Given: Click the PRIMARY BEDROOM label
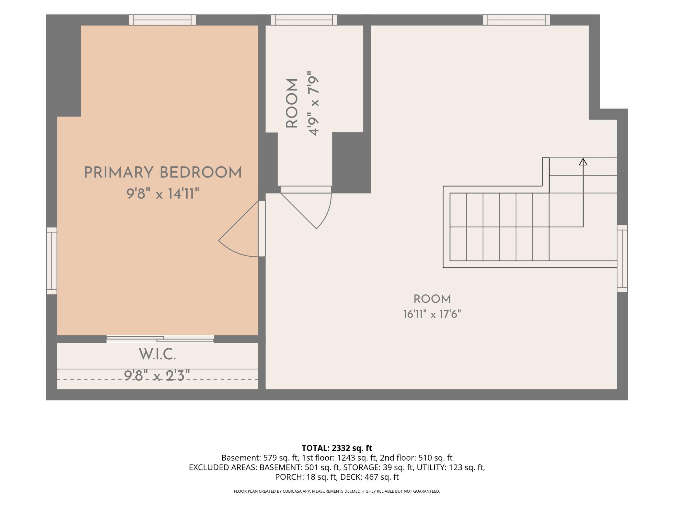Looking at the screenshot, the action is [x=163, y=173].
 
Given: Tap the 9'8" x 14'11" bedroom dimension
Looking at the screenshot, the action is [x=162, y=194].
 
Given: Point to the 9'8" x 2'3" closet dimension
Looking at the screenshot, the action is [x=157, y=376].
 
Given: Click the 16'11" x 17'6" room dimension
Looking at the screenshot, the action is [x=432, y=314].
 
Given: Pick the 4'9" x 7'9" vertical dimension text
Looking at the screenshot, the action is [x=314, y=103].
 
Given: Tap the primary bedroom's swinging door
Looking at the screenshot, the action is [x=242, y=229].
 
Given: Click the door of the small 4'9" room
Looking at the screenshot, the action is [x=306, y=207].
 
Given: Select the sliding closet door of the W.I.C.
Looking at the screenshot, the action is [x=160, y=339].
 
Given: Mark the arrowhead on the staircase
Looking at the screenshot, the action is [x=583, y=162].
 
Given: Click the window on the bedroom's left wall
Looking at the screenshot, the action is [x=52, y=261].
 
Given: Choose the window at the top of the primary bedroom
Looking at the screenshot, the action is [x=162, y=20].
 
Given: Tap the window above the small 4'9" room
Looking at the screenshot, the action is [x=304, y=20].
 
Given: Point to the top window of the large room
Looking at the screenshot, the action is [x=516, y=20].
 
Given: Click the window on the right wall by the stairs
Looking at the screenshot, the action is [x=622, y=259].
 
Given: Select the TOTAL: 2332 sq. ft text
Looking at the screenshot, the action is [x=337, y=448].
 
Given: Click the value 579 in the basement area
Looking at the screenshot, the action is [x=269, y=458].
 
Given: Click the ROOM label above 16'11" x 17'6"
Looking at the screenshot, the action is [x=432, y=299].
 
